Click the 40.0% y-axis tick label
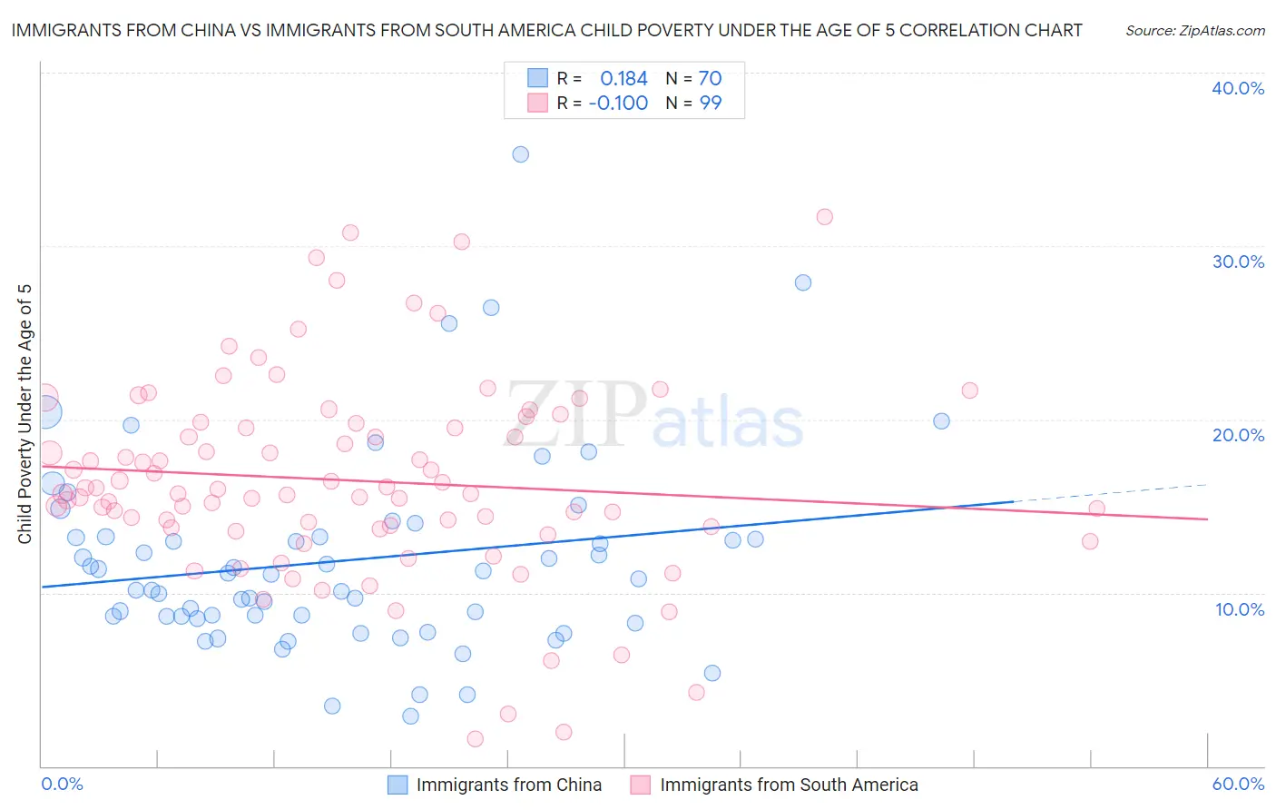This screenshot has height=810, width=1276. (1238, 88)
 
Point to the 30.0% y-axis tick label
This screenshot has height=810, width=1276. (1238, 262)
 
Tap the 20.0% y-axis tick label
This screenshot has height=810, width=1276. (1238, 435)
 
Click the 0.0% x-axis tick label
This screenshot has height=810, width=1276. (62, 785)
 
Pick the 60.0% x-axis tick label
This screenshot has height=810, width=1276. (1238, 785)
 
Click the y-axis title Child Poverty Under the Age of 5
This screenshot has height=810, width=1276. (25, 413)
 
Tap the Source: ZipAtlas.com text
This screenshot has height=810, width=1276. (1194, 31)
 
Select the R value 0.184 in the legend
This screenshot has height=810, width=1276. (623, 79)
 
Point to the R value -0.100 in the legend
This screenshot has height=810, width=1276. (618, 104)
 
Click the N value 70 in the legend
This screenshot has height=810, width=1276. (710, 79)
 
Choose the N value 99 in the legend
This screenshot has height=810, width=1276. (710, 104)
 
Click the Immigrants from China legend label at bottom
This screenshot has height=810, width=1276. (508, 785)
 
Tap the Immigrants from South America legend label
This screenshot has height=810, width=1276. (789, 785)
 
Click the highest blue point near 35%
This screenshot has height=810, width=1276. (520, 154)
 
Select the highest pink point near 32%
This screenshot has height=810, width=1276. (824, 217)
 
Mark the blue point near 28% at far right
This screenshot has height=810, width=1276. (803, 282)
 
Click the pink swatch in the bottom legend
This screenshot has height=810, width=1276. (641, 785)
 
